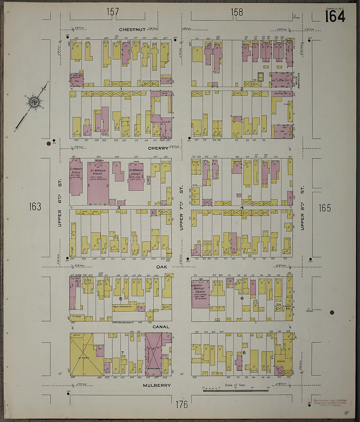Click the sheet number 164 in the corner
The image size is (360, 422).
coord(334,16)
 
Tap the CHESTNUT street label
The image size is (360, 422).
coord(132,29)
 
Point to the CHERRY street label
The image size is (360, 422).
coord(158,148)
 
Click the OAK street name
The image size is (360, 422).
coord(161,267)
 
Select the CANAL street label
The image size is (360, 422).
coord(161,326)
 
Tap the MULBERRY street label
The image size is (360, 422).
coord(157,385)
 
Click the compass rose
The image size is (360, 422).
coord(33,102)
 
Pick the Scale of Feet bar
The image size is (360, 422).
coord(236,390)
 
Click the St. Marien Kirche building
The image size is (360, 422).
coord(98,183)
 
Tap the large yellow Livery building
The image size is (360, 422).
coord(84,355)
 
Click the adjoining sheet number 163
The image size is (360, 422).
coord(35,206)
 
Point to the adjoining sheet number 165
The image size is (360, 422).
coord(324,208)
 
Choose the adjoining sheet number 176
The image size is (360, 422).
coord(181,405)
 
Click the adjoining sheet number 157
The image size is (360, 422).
coord(112,12)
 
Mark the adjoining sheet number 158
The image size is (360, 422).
coord(237,12)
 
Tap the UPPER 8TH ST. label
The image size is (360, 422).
coord(302,208)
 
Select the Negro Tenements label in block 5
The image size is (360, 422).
coord(122,307)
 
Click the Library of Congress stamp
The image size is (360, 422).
coord(330,402)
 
